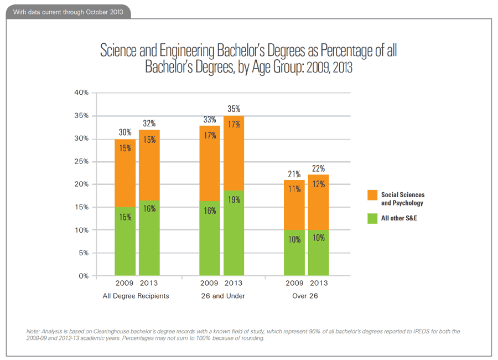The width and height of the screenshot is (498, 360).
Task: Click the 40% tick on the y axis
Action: coord(81,92)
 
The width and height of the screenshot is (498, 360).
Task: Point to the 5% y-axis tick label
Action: coord(83,253)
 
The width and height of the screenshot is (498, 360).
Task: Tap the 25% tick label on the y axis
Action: coord(81,162)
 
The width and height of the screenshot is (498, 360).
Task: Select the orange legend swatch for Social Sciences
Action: coord(372,195)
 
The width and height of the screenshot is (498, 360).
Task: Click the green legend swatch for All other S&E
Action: coord(372,218)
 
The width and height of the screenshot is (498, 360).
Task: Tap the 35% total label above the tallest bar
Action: coord(234,110)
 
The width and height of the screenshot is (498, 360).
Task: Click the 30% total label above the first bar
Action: coord(124,132)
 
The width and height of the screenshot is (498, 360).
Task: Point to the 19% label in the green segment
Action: coord(234,199)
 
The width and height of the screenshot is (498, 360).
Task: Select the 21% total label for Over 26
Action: coord(294,174)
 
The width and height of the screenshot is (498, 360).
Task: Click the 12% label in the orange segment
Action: coord(318,184)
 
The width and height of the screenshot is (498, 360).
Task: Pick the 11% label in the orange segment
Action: coord(294,189)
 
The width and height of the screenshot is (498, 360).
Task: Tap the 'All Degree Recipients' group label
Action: coord(136,296)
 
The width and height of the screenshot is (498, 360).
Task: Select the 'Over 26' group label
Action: coord(305,296)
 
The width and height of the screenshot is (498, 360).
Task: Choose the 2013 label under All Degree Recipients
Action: coord(148,283)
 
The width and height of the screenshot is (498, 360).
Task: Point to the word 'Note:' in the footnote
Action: coord(34,331)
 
